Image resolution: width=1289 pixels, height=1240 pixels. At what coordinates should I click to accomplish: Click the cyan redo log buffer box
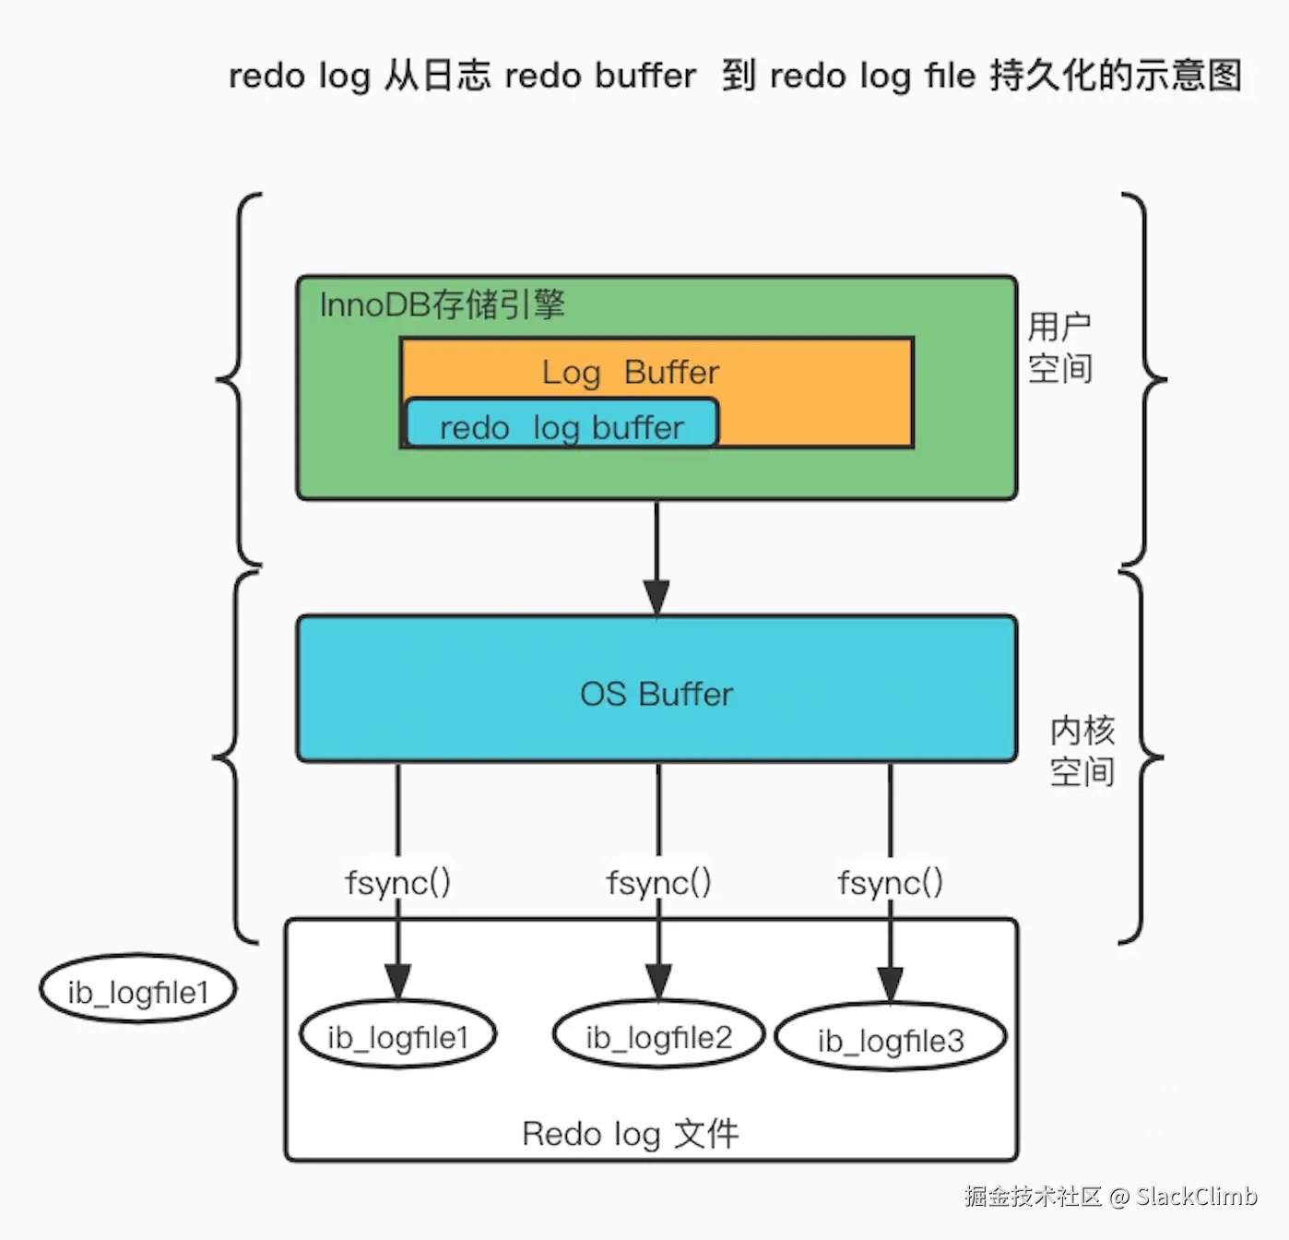[x=561, y=424]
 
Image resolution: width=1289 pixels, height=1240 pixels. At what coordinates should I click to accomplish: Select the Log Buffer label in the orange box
[x=630, y=372]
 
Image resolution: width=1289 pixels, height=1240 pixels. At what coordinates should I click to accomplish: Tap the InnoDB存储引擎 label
[x=442, y=304]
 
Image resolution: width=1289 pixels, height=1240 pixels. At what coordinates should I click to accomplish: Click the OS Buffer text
[x=656, y=694]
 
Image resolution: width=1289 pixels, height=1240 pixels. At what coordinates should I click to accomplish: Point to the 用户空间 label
[x=1059, y=348]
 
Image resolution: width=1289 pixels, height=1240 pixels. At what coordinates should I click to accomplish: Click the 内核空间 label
[x=1082, y=751]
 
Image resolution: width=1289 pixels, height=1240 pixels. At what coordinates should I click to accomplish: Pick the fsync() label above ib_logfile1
[x=397, y=883]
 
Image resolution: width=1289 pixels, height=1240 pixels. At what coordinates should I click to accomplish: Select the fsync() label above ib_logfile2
[x=658, y=883]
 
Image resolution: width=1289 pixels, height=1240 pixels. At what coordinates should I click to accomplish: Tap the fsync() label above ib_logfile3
[x=890, y=883]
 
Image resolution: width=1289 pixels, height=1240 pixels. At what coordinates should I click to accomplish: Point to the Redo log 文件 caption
[x=631, y=1133]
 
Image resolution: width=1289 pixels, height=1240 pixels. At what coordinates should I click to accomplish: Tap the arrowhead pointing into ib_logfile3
[x=890, y=983]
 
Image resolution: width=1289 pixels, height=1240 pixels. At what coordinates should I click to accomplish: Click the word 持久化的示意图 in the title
[x=1116, y=76]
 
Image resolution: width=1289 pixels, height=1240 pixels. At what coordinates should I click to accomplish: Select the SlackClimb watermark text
[x=1196, y=1197]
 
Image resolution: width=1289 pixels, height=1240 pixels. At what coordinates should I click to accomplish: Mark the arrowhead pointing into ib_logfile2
[x=658, y=981]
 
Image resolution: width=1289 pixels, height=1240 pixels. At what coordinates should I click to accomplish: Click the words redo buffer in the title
[x=600, y=76]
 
